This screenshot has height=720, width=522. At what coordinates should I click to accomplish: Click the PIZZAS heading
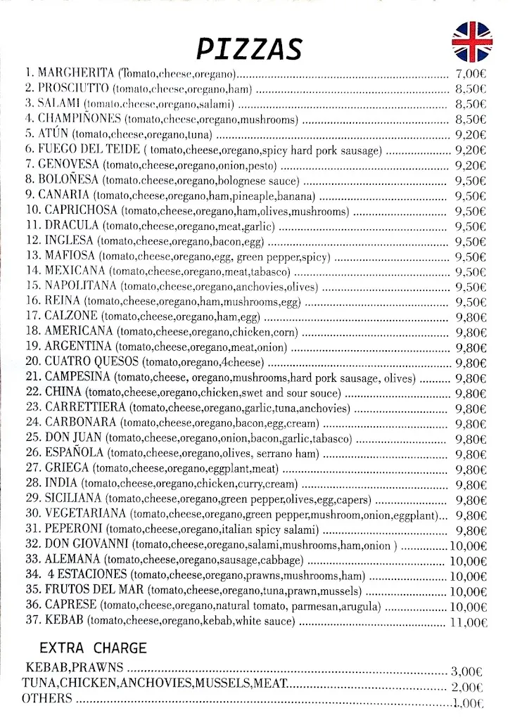(x=249, y=49)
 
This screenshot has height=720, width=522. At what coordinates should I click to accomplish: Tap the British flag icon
(x=471, y=41)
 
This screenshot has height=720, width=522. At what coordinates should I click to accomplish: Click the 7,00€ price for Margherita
(x=471, y=73)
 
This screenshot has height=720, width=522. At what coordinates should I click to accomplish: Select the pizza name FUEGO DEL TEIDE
(x=89, y=149)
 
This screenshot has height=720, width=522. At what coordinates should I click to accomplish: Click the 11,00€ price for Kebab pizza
(x=468, y=622)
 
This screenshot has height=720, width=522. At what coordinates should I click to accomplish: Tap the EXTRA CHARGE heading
(x=93, y=648)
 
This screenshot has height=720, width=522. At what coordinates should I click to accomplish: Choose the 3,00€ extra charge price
(x=467, y=671)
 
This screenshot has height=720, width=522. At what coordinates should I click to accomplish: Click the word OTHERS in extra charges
(x=47, y=698)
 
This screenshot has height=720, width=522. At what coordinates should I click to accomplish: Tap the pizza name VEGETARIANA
(x=85, y=514)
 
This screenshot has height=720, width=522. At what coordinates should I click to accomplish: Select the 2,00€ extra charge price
(x=467, y=687)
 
